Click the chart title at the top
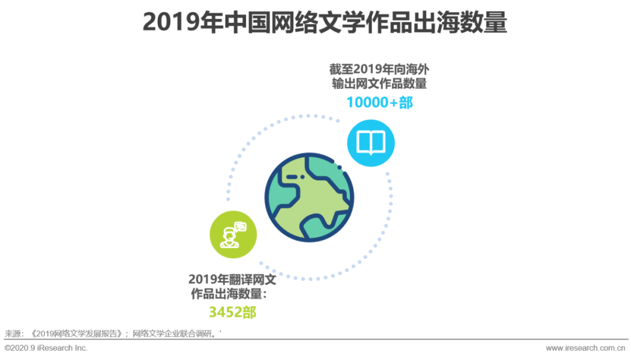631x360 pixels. [x=325, y=22]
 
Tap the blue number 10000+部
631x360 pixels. [x=380, y=102]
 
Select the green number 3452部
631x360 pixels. [x=233, y=312]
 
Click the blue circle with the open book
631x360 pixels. [x=370, y=143]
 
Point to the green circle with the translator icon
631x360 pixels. [x=233, y=234]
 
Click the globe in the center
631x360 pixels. [x=309, y=198]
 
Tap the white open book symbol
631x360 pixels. [x=370, y=143]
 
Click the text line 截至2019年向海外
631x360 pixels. [x=379, y=70]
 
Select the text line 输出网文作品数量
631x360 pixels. [x=379, y=84]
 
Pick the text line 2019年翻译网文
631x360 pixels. [x=232, y=279]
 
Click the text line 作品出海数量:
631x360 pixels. [x=228, y=294]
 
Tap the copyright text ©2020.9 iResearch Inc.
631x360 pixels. [x=46, y=348]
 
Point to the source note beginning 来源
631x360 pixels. [x=113, y=334]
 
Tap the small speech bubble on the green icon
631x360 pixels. [x=240, y=227]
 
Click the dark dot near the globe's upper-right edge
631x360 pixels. [x=339, y=167]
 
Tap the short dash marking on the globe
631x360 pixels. [x=292, y=176]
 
